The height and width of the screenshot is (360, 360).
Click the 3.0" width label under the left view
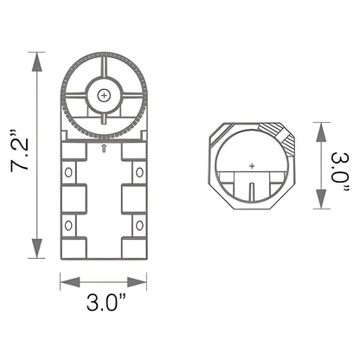(x=103, y=304)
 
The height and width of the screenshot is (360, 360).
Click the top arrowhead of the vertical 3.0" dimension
(x=320, y=126)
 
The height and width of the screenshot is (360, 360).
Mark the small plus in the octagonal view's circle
(x=252, y=164)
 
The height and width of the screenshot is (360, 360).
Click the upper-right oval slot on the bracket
(x=138, y=172)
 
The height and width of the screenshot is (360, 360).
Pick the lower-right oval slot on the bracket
(x=138, y=227)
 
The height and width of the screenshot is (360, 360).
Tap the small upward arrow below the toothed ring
(x=104, y=149)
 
